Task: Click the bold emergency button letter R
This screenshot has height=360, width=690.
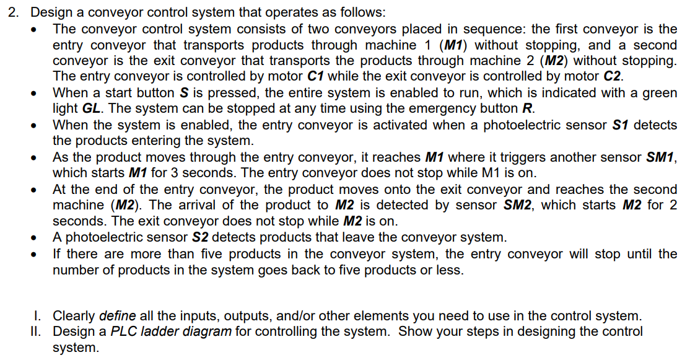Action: (528, 109)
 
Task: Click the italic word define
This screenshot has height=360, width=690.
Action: (118, 316)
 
